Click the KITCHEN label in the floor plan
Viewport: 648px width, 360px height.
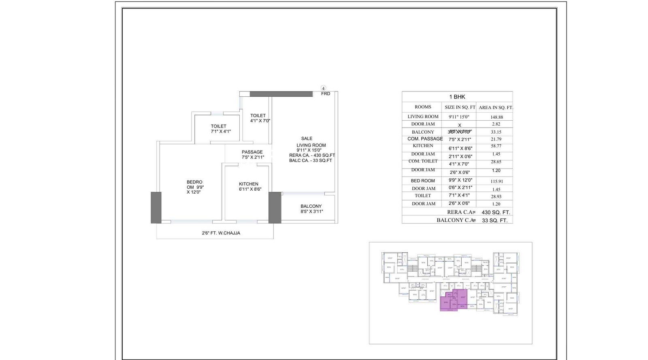[x=249, y=184]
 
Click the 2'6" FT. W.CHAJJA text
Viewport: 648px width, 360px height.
[x=221, y=233]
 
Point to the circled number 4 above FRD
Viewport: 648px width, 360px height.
[x=323, y=88]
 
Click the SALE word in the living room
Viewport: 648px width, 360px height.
[x=307, y=138]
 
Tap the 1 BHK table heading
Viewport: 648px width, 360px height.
[x=457, y=97]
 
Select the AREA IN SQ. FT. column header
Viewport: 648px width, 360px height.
[x=495, y=107]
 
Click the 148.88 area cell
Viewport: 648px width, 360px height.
[x=497, y=117]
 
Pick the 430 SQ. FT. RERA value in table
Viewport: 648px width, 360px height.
[x=496, y=212]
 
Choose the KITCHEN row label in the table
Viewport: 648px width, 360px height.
[x=423, y=146]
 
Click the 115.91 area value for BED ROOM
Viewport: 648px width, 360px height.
[x=496, y=181]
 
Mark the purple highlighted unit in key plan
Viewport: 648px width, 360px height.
[x=454, y=300]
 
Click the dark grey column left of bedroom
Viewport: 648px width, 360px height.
[x=156, y=207]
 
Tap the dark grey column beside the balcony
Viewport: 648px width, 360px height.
[x=275, y=207]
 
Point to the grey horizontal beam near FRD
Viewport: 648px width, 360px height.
[x=281, y=94]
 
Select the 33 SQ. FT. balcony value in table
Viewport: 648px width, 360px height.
[x=495, y=220]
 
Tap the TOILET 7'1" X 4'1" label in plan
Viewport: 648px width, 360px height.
[x=220, y=129]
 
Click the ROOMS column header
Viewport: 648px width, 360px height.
[x=423, y=107]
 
